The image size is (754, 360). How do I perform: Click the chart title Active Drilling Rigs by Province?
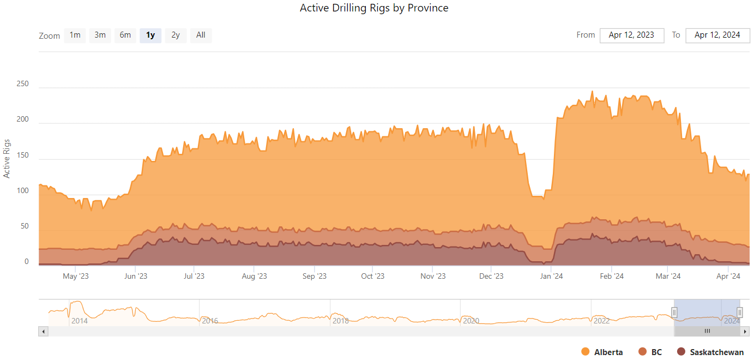tap(374, 8)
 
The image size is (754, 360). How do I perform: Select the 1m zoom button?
tap(75, 35)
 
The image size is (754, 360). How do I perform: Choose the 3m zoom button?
tap(100, 35)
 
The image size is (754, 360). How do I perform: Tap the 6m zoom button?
tap(125, 35)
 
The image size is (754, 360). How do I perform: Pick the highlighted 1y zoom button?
tap(150, 35)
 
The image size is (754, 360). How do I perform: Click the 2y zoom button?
tap(176, 35)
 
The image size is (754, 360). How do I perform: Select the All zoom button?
tap(201, 35)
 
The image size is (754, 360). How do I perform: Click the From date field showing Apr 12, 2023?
tap(631, 35)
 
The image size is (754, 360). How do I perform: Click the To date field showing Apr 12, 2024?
tap(717, 35)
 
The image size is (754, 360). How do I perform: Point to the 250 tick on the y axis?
tap(22, 85)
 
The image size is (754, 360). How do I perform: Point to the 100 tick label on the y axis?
tap(22, 190)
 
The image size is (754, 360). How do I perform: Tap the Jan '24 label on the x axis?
tap(551, 276)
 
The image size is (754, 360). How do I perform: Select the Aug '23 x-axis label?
tap(254, 276)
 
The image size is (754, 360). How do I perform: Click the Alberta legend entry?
tap(602, 352)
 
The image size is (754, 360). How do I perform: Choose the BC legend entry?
tap(650, 352)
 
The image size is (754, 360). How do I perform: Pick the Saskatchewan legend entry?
tap(710, 352)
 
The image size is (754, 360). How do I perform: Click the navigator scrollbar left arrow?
tap(44, 331)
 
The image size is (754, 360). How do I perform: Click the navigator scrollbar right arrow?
tap(745, 331)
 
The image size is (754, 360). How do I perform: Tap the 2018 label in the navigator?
tap(341, 321)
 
